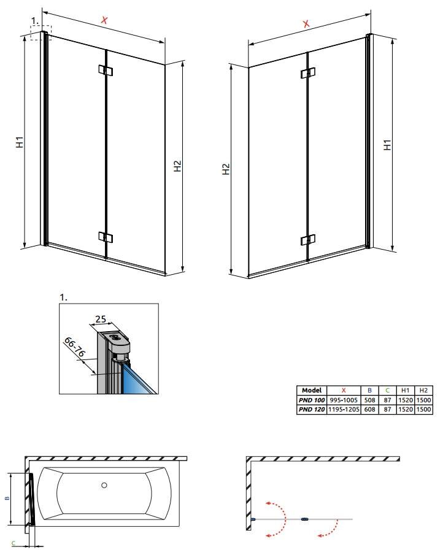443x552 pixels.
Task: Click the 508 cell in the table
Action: pos(369,400)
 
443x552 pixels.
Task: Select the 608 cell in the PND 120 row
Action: pos(369,409)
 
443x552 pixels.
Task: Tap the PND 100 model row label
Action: pos(312,400)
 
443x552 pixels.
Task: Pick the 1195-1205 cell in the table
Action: pos(344,409)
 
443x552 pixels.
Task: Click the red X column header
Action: pos(344,390)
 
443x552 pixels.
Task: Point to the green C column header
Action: pos(387,390)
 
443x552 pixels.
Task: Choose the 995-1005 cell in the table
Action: pos(344,400)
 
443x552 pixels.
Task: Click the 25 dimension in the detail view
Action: pos(101,319)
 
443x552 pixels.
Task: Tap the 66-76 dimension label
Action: pos(74,347)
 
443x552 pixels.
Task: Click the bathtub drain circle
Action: pos(104,485)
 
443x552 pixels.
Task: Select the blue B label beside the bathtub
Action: pos(7,498)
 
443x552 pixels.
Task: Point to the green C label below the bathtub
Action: pos(13,543)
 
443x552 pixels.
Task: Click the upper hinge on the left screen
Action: pos(106,70)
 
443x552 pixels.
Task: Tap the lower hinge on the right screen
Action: pos(308,240)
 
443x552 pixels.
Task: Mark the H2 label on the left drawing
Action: pos(178,166)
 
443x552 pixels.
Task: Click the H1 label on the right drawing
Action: pos(387,145)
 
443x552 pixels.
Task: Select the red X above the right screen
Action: pos(306,23)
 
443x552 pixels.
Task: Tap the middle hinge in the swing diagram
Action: pos(304,519)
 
